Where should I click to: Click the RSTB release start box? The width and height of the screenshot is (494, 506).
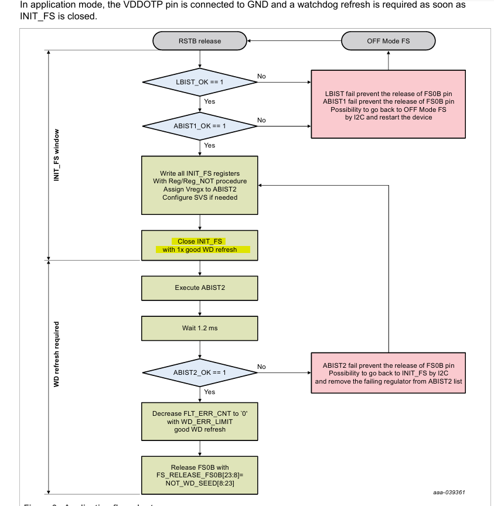click(200, 41)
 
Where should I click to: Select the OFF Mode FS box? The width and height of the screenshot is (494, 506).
click(389, 41)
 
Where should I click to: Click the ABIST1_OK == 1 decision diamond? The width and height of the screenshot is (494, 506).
click(200, 125)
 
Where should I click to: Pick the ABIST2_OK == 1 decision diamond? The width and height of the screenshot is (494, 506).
click(200, 372)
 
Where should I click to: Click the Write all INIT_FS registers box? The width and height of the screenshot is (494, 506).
click(200, 185)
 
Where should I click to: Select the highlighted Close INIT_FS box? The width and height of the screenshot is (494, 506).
click(200, 245)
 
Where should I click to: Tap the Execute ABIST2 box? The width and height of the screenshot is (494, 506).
click(200, 288)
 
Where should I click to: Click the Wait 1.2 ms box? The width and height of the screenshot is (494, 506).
click(200, 328)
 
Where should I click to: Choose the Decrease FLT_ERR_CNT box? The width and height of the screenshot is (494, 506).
click(200, 421)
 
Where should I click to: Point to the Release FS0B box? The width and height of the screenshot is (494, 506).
click(200, 475)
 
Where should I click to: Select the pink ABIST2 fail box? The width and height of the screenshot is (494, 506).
click(389, 372)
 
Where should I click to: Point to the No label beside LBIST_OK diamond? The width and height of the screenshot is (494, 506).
click(261, 76)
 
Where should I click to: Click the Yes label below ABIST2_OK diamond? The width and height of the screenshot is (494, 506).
click(209, 392)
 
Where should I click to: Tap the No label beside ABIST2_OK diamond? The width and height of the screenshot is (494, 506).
click(261, 367)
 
